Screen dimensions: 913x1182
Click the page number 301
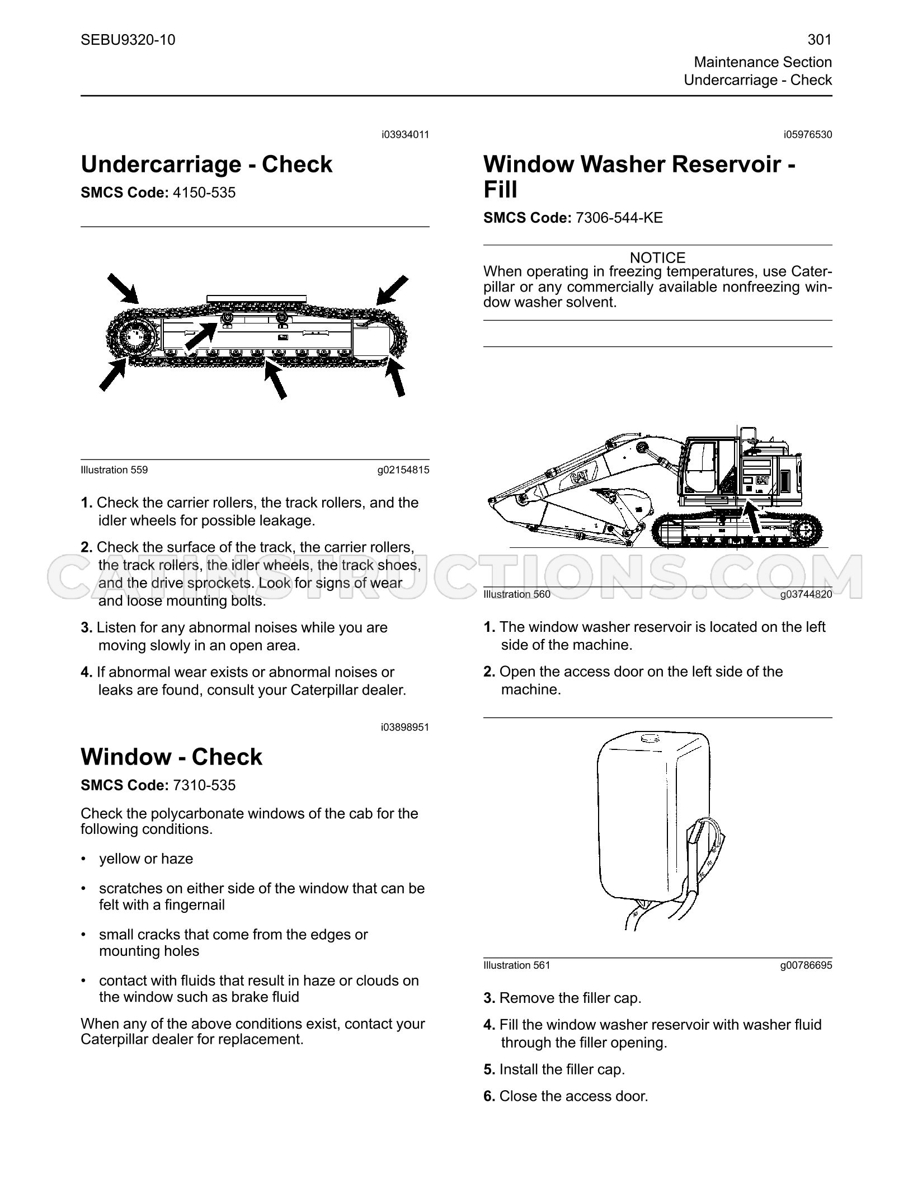coord(820,40)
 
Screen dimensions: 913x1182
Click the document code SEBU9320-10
coord(128,40)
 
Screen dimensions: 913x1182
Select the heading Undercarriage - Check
coord(206,165)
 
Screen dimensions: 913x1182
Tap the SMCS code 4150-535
coord(204,193)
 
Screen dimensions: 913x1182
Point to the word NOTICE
coord(657,258)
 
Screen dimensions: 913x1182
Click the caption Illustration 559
coord(114,470)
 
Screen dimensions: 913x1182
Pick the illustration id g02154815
coord(403,470)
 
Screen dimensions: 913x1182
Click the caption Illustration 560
coord(517,594)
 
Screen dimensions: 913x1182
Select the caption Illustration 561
coord(517,965)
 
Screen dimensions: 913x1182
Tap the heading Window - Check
coord(171,757)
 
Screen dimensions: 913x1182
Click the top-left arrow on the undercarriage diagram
coord(124,289)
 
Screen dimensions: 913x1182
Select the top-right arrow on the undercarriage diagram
coord(392,290)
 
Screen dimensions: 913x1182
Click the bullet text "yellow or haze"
coord(146,859)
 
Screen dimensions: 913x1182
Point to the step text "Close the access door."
coord(573,1096)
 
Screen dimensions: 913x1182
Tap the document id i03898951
coord(405,728)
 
